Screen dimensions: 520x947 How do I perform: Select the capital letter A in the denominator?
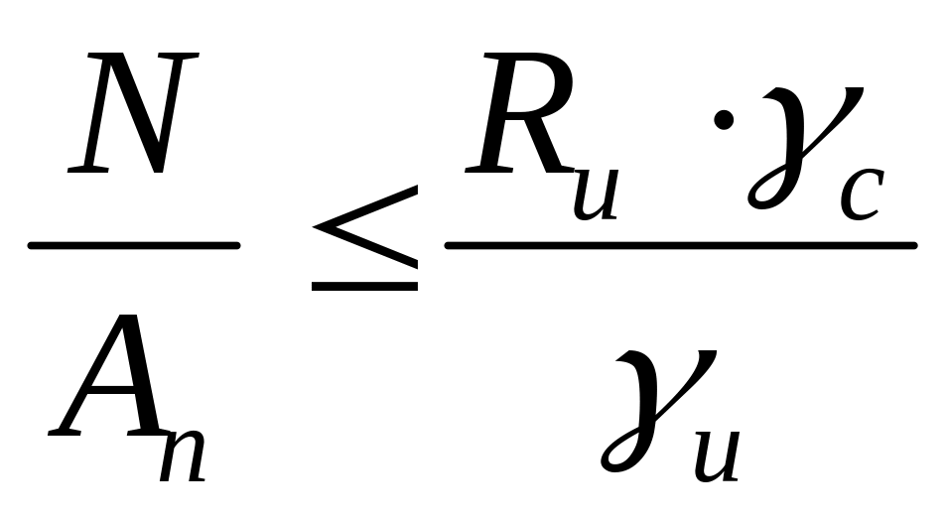point(103,381)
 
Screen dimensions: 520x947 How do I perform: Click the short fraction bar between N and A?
point(134,245)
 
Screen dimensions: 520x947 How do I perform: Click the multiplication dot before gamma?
point(724,121)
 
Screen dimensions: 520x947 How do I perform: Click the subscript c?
point(863,193)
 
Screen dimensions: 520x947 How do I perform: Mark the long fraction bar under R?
point(680,245)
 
